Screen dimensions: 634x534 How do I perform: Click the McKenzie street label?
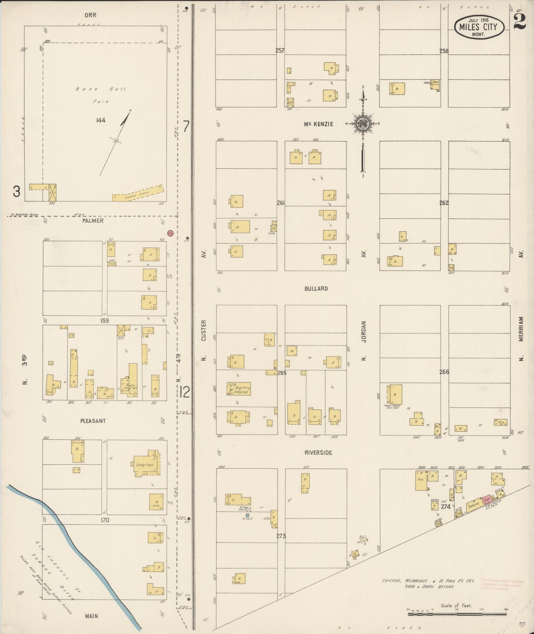click(318, 124)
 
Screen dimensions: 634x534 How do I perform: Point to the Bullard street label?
click(316, 289)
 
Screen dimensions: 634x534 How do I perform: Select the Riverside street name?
click(318, 452)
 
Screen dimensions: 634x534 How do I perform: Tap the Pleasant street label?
click(93, 421)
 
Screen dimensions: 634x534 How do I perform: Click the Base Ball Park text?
click(101, 95)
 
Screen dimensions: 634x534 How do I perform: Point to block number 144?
click(101, 120)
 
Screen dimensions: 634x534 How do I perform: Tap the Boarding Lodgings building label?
click(241, 389)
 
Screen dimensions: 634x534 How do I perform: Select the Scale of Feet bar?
click(457, 614)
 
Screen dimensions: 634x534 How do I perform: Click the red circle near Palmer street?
click(170, 233)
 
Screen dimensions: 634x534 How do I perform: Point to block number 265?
click(282, 373)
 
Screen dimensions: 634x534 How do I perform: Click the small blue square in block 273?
click(248, 515)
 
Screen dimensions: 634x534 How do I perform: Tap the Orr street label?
click(90, 16)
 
